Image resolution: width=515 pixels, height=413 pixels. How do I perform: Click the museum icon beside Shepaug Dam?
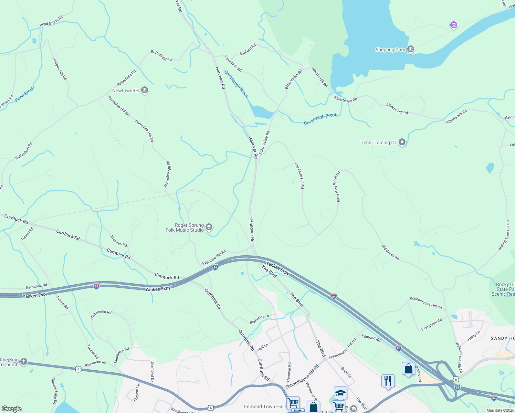(x=410, y=50)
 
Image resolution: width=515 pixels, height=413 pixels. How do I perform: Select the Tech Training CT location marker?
(x=402, y=142)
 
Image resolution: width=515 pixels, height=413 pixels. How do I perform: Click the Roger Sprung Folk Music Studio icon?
(x=209, y=227)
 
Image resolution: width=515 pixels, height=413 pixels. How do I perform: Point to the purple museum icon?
(x=454, y=25)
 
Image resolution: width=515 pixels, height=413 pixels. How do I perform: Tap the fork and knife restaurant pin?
(x=388, y=381)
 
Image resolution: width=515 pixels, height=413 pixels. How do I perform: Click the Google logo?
(x=12, y=409)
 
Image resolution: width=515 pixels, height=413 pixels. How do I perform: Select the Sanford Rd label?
(x=248, y=50)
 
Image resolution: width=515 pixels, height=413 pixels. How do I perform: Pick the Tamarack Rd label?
(x=233, y=64)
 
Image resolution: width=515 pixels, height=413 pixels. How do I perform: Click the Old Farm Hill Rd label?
(x=299, y=176)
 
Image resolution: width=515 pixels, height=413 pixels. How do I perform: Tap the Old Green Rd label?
(x=391, y=252)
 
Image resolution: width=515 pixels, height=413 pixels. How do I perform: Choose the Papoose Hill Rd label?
(x=214, y=257)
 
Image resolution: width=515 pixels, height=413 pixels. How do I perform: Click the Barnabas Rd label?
(x=36, y=286)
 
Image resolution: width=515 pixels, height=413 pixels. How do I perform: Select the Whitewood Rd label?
(x=101, y=315)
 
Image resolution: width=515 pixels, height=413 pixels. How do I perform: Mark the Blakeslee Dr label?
(x=259, y=319)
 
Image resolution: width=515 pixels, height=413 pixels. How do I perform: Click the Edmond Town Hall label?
(x=264, y=406)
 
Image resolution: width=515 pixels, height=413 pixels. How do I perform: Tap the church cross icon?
(x=23, y=361)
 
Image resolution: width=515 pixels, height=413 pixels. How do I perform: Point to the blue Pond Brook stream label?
(x=25, y=94)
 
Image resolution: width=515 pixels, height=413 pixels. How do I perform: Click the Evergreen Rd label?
(x=432, y=325)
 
